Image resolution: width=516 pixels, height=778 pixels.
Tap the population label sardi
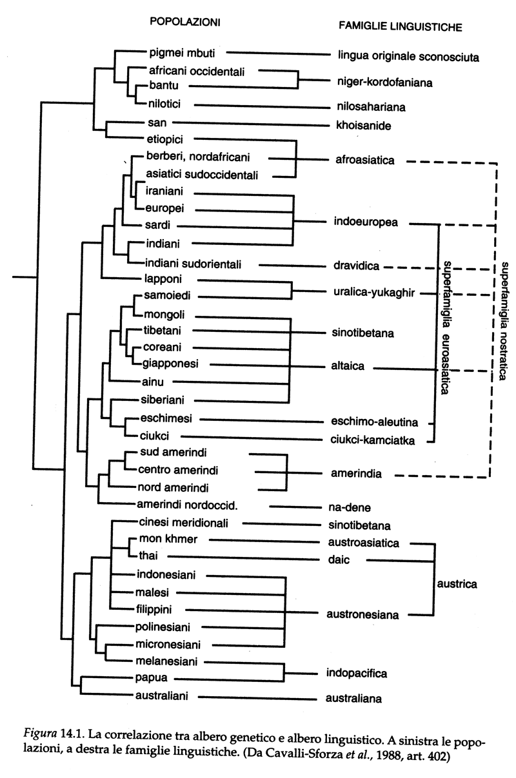[x=153, y=226]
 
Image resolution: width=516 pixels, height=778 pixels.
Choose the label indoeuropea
[x=366, y=222]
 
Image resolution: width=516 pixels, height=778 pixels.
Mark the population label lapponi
[x=156, y=279]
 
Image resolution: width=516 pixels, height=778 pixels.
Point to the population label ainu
[x=149, y=382]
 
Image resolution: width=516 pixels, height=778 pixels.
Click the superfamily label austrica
[x=457, y=584]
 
